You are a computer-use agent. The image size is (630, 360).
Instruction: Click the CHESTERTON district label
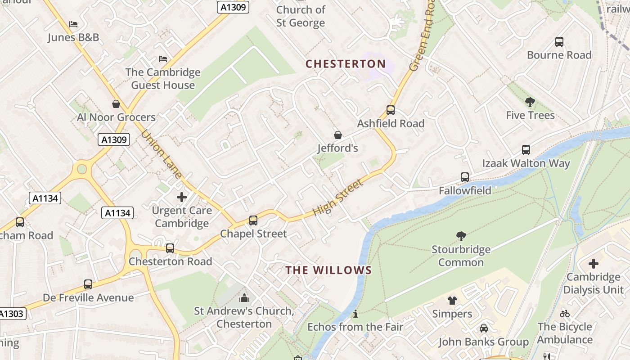[346, 64]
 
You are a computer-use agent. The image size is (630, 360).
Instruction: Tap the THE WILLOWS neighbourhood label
[329, 270]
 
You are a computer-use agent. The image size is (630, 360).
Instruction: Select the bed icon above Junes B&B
[73, 24]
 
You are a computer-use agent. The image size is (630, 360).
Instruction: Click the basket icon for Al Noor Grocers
[116, 104]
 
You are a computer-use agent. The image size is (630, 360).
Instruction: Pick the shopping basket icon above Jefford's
[337, 135]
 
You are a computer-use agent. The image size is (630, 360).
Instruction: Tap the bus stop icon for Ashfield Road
[391, 110]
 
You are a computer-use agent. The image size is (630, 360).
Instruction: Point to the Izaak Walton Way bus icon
[526, 150]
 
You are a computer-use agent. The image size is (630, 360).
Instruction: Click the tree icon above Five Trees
[530, 102]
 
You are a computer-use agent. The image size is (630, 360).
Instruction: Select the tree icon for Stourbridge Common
[461, 236]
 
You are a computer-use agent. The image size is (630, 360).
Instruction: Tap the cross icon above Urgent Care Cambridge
[182, 197]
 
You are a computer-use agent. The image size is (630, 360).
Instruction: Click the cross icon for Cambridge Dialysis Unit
[594, 264]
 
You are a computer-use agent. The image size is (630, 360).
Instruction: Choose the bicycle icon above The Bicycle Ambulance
[565, 314]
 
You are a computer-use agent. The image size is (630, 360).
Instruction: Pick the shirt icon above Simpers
[452, 301]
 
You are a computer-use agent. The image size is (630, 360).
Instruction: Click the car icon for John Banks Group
[484, 328]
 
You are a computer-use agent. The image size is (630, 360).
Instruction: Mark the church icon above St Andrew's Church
[244, 297]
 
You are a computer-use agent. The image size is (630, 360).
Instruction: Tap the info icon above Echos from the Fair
[355, 314]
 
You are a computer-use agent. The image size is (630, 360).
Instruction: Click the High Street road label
[337, 198]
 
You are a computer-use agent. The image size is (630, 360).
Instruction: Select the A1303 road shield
[12, 314]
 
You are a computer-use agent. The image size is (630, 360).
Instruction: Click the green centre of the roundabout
[82, 169]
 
